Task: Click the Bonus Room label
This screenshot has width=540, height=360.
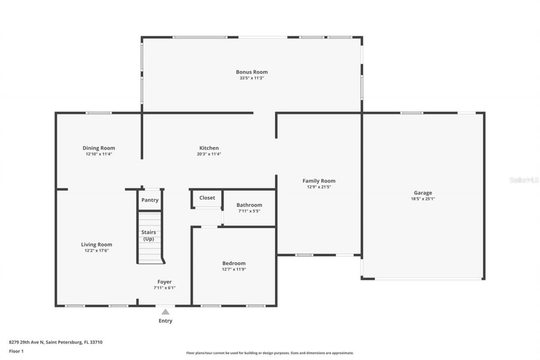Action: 251,72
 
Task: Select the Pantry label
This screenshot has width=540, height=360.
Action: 150,200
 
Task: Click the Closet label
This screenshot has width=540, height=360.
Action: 207,198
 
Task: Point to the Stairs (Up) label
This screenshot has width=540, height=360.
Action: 148,235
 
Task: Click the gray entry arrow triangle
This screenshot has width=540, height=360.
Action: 165,312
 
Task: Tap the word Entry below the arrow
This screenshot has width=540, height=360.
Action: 165,321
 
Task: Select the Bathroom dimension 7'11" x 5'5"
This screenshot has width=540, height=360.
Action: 249,211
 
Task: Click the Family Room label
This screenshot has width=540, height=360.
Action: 319,181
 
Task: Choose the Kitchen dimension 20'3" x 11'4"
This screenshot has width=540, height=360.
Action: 209,154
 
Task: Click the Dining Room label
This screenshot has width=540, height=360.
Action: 99,148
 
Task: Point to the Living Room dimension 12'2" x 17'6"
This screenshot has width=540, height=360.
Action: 97,251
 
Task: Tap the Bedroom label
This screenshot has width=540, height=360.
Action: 234,263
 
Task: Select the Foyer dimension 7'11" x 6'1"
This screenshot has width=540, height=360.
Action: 165,288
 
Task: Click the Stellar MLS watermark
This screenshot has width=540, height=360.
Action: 524,180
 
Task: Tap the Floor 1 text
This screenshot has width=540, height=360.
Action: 16,351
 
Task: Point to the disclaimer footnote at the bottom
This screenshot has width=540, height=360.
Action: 270,353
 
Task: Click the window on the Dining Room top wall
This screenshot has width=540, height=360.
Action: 99,113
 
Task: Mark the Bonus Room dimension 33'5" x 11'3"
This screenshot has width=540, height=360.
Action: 251,78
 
